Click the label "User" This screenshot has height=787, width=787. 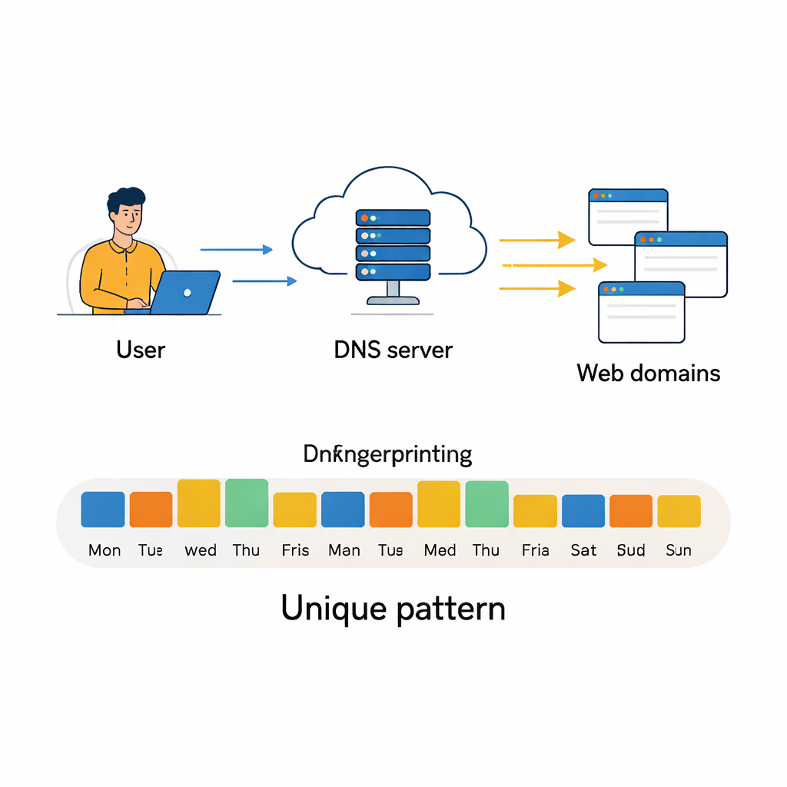click(141, 350)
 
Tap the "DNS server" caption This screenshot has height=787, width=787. click(393, 350)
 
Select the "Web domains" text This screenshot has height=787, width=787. click(649, 374)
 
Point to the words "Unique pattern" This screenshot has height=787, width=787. click(393, 609)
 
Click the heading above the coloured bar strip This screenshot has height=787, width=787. click(387, 454)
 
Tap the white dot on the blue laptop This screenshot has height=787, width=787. click(187, 293)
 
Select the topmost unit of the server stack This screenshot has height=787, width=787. click(393, 218)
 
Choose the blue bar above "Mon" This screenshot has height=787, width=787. click(103, 509)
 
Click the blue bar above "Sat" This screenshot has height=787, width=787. click(583, 510)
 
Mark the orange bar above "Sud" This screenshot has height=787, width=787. click(631, 510)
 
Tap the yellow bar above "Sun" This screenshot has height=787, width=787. click(679, 511)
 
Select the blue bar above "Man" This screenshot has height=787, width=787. click(343, 509)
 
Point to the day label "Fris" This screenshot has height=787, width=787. click(295, 550)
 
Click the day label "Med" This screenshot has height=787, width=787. click(440, 550)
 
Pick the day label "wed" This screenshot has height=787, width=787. click(201, 550)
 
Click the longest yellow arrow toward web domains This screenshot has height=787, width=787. click(553, 265)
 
